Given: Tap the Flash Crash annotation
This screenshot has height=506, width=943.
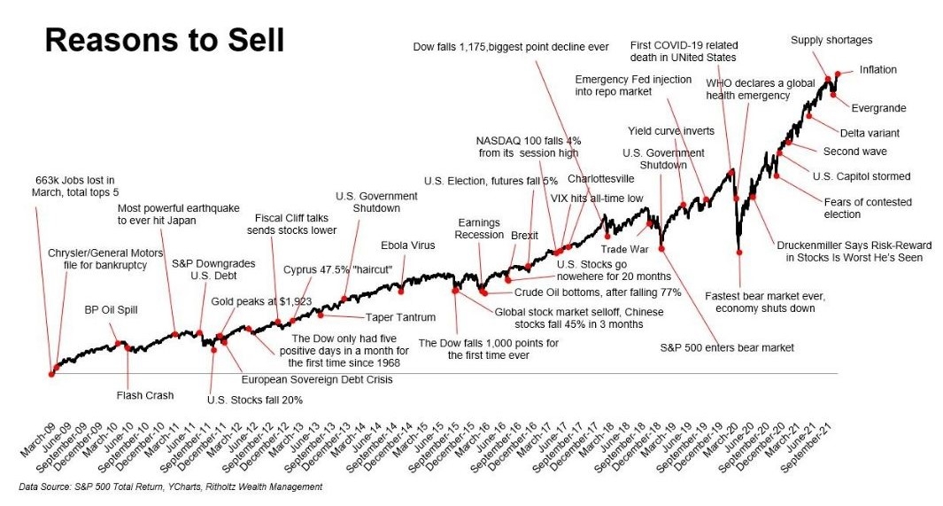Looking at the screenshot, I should (x=145, y=395).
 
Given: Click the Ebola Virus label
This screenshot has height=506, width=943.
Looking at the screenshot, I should (x=407, y=245).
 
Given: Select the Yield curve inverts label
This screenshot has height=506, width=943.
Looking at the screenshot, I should (x=671, y=131).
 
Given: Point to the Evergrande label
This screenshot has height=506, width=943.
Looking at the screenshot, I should (x=878, y=108).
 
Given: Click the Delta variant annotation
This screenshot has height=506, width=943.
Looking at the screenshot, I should (x=869, y=133).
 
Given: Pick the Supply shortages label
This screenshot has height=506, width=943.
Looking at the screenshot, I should (x=831, y=40).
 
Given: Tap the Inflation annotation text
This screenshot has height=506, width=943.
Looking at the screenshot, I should (x=878, y=69).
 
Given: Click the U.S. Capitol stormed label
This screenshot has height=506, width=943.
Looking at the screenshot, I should (x=861, y=176).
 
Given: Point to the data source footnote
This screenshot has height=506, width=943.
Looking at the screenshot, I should (x=170, y=487).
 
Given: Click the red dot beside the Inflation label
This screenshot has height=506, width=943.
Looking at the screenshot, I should (x=837, y=74).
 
